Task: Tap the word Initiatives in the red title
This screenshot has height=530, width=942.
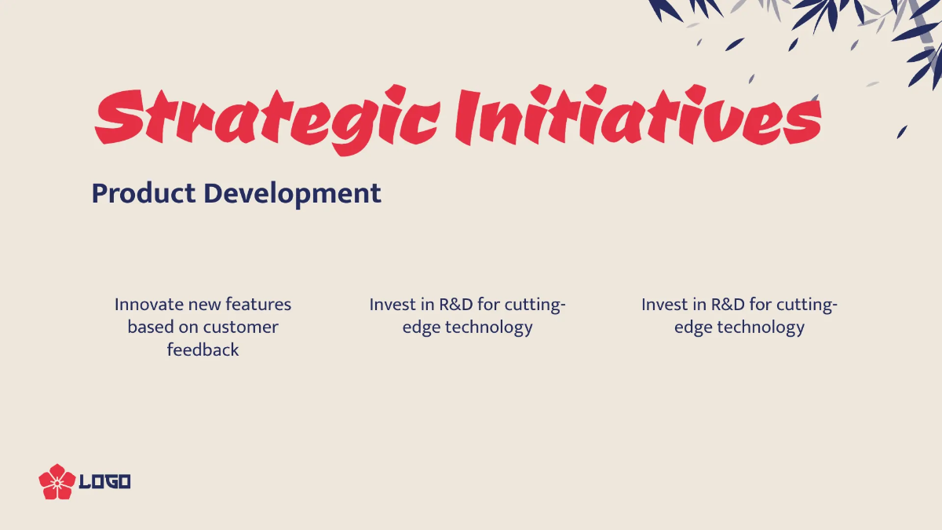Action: click(638, 115)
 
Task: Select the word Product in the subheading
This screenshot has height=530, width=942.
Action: click(144, 193)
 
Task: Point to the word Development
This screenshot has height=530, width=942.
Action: click(293, 195)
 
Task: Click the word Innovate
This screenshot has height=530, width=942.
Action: click(148, 305)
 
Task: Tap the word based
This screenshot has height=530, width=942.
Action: click(151, 327)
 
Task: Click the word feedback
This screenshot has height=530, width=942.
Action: click(203, 349)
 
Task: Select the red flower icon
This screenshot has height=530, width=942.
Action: click(57, 481)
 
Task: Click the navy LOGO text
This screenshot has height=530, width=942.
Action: click(104, 482)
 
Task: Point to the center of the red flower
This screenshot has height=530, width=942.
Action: click(57, 483)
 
